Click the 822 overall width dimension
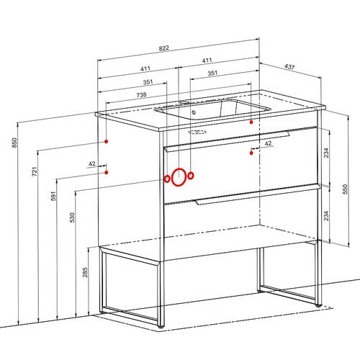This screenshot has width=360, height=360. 164,48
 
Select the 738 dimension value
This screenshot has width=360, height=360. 141,95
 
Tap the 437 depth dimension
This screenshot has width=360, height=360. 289,67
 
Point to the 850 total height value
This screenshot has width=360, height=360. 14,143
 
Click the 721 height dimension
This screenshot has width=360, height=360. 35,171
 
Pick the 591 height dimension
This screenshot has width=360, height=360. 53,196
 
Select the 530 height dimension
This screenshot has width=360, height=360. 72,217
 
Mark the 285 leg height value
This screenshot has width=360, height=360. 85,272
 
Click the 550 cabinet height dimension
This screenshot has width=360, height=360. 345,189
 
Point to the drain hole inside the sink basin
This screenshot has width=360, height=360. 194,112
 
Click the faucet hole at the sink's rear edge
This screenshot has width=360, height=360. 184,102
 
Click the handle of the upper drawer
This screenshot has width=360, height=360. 227,141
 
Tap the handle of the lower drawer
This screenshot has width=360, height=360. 258,194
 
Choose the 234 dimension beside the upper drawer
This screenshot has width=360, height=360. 326,153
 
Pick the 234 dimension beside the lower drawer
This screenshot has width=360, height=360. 326,216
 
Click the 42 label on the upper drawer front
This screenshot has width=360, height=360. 268,143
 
